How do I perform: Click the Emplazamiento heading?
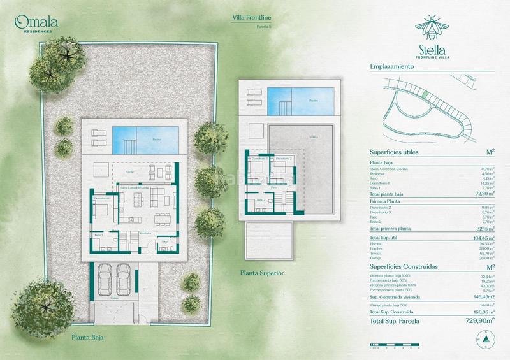coord(392,66)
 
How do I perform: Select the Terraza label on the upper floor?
coord(295,136)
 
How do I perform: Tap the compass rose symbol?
coord(485,342)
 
